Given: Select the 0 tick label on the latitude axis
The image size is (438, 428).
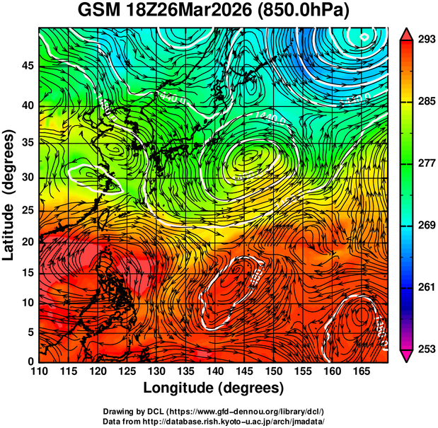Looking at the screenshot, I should (32, 362).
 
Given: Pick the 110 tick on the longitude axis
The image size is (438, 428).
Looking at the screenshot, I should (39, 372).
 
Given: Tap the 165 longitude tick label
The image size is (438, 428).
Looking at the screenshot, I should (361, 372).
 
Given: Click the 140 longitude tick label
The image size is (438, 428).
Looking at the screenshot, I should (214, 372).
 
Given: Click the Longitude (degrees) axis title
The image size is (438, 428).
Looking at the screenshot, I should (214, 388).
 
